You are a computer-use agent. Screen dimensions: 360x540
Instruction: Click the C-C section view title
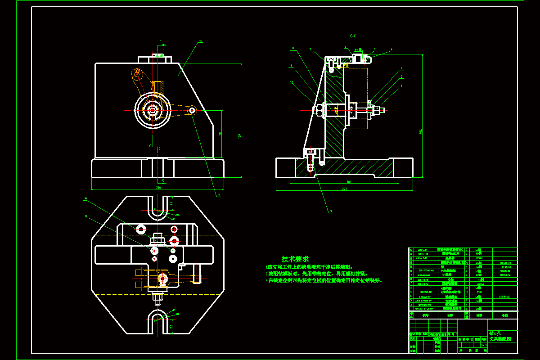[x=352, y=35]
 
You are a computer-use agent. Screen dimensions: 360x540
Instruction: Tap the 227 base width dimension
[x=344, y=189]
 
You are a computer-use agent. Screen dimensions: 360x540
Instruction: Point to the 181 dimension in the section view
[x=349, y=182]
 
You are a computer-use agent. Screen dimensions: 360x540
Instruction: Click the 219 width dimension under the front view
[x=158, y=187]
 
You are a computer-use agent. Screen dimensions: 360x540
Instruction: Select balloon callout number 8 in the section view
[x=293, y=47]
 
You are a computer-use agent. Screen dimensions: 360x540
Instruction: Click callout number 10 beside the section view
[x=292, y=82]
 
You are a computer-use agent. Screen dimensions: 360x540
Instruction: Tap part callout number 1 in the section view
[x=402, y=85]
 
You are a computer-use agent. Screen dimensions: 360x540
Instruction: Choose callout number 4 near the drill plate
[x=391, y=49]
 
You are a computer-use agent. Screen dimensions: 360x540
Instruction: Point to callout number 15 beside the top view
[x=85, y=216]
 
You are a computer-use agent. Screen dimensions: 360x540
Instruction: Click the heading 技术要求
[x=295, y=259]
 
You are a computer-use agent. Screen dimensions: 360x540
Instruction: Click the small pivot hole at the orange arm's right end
[x=192, y=110]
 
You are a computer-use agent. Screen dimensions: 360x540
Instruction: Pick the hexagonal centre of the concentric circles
[x=153, y=110]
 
